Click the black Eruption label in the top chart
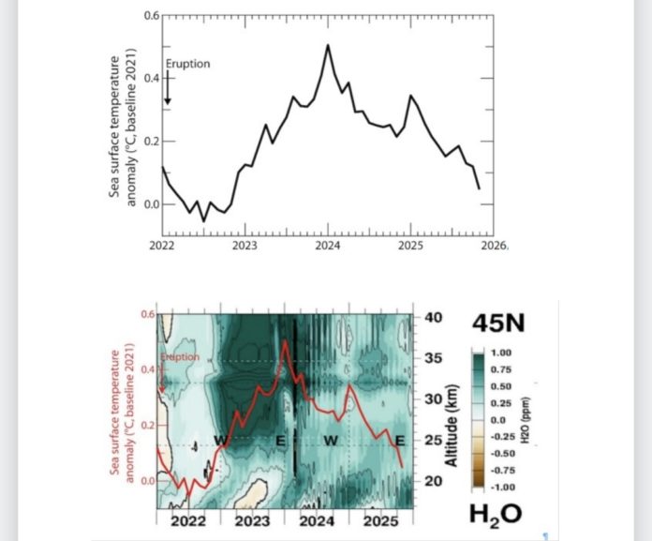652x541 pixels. [188, 64]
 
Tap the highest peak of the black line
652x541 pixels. [328, 45]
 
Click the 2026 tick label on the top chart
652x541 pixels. [494, 246]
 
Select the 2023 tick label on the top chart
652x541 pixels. [244, 246]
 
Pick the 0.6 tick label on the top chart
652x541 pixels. [151, 17]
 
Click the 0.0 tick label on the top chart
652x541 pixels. [151, 203]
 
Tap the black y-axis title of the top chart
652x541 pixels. [124, 131]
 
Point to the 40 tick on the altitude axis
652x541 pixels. [433, 317]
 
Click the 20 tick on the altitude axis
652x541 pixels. [433, 481]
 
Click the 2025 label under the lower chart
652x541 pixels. [378, 518]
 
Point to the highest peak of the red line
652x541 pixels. [284, 341]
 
